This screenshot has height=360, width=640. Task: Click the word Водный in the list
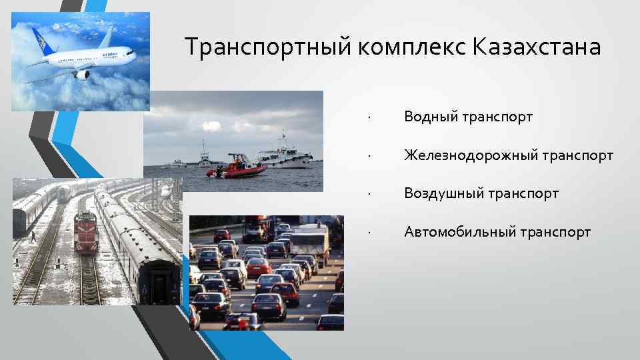(427, 117)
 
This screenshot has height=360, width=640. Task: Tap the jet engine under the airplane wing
(81, 75)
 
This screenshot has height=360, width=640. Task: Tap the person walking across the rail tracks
(33, 235)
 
